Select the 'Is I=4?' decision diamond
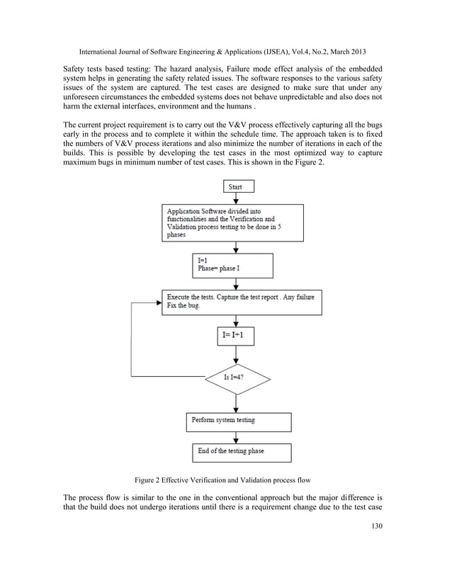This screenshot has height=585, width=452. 237,377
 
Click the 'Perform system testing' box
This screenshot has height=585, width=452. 239,421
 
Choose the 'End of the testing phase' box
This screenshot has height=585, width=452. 238,453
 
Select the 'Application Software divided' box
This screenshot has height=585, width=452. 233,222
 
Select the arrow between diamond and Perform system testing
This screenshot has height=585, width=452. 237,403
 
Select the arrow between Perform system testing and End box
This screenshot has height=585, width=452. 237,437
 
